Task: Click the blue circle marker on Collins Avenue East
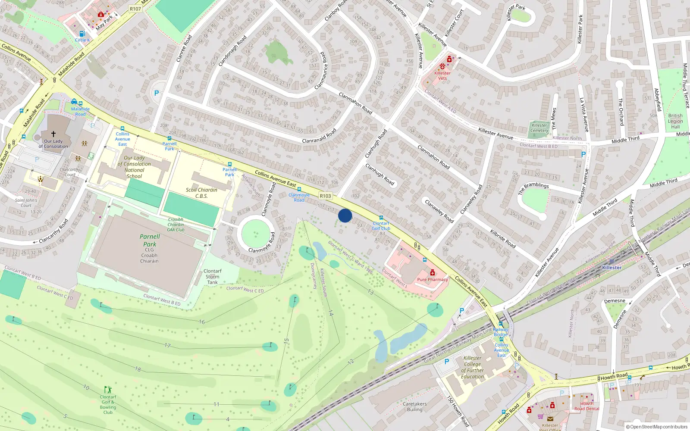(x=345, y=215)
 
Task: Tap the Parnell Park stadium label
(x=150, y=240)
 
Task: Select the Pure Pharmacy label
(x=433, y=279)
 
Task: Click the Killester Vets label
(x=442, y=75)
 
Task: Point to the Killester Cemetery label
(x=539, y=128)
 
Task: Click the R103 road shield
(x=326, y=196)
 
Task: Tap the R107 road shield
(x=135, y=9)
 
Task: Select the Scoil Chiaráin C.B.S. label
(x=201, y=193)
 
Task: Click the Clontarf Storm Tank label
(x=212, y=277)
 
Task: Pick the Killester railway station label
(x=612, y=268)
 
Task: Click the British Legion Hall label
(x=675, y=121)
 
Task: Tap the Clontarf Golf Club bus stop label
(x=381, y=226)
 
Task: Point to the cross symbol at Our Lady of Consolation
(x=53, y=134)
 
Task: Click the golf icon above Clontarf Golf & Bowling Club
(x=108, y=390)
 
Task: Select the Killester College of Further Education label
(x=472, y=367)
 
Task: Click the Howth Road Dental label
(x=586, y=406)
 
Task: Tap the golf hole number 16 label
(x=202, y=322)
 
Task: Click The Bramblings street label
(x=533, y=187)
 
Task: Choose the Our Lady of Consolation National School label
(x=134, y=167)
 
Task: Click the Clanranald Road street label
(x=319, y=137)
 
